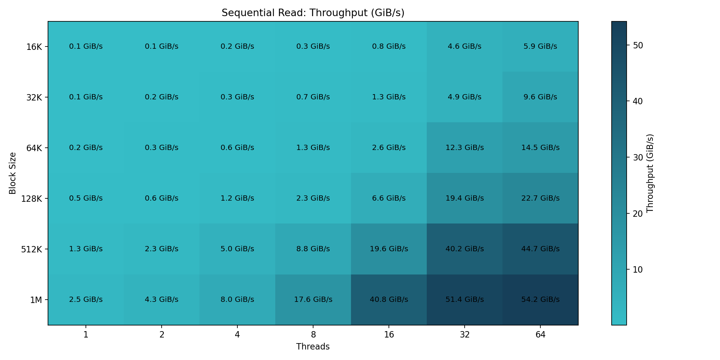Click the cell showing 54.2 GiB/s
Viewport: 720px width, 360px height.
click(540, 300)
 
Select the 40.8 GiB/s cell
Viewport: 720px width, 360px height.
click(389, 300)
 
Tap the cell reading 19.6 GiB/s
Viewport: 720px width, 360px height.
click(389, 249)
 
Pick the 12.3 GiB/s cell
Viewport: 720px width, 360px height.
click(465, 148)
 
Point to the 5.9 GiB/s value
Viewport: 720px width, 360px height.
click(540, 46)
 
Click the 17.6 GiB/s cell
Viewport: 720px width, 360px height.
click(313, 300)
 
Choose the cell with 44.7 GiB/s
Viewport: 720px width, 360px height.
click(540, 249)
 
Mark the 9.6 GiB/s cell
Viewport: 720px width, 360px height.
click(540, 97)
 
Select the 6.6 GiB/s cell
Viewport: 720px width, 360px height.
click(389, 198)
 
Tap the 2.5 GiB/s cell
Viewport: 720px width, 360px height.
click(86, 300)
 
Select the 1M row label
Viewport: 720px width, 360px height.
click(36, 300)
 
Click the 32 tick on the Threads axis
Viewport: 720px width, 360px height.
click(465, 334)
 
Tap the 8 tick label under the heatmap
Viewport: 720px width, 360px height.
click(313, 334)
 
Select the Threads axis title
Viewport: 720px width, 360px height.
click(313, 347)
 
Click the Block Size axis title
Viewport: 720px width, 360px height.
click(13, 173)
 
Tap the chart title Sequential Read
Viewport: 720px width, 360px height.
click(313, 13)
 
